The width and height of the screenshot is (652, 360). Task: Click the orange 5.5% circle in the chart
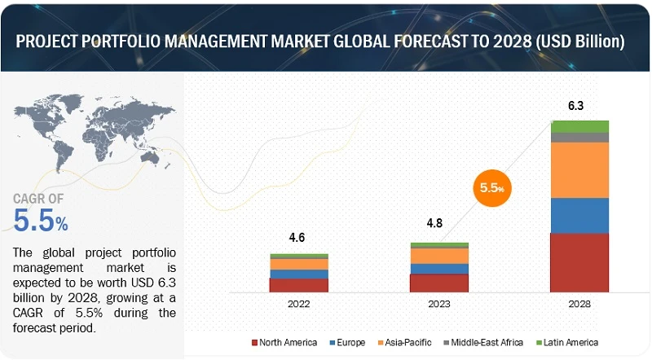pos(491,187)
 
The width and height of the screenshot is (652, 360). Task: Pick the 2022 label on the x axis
pos(299,302)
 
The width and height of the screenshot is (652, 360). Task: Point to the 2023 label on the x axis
pos(439,302)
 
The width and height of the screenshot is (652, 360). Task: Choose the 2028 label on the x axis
pos(579,302)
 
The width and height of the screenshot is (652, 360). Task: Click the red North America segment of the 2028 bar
pos(579,262)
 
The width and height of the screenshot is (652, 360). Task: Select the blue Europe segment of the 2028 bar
pos(579,215)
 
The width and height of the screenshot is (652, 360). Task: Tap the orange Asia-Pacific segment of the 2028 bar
pos(579,170)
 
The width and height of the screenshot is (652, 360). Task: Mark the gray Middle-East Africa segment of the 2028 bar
pos(579,138)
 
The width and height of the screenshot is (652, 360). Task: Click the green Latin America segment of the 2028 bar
pos(579,126)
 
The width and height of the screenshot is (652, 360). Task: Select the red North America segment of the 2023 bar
pos(439,283)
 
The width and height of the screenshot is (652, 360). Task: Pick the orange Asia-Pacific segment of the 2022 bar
pos(299,264)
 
